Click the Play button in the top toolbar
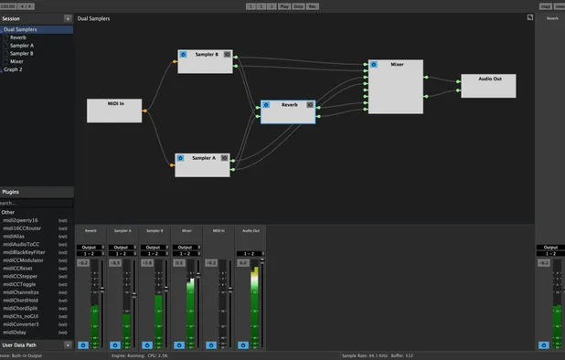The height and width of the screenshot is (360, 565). pyautogui.click(x=284, y=5)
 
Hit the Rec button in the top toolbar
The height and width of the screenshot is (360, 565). pyautogui.click(x=313, y=5)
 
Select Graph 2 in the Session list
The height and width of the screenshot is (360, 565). pyautogui.click(x=13, y=69)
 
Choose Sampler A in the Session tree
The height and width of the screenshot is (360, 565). pyautogui.click(x=22, y=45)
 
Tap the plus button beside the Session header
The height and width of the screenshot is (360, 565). pyautogui.click(x=68, y=18)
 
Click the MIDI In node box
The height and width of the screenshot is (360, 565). pyautogui.click(x=114, y=111)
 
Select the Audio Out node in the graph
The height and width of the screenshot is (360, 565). pyautogui.click(x=488, y=86)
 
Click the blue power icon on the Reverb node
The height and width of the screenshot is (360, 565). pyautogui.click(x=267, y=105)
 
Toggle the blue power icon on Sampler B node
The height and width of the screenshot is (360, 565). pyautogui.click(x=184, y=55)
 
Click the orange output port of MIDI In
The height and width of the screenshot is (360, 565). pyautogui.click(x=144, y=111)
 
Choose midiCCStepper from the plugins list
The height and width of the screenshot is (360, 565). pyautogui.click(x=19, y=275)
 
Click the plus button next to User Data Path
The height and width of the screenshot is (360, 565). pyautogui.click(x=68, y=344)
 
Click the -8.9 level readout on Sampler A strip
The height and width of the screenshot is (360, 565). pyautogui.click(x=115, y=263)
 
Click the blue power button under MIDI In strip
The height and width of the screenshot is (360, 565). pyautogui.click(x=211, y=344)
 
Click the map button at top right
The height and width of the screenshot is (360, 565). pyautogui.click(x=546, y=5)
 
